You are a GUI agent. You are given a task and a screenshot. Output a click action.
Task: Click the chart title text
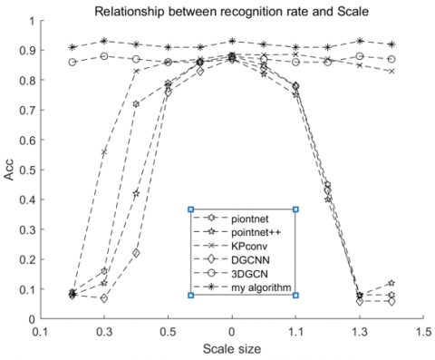coord(233,10)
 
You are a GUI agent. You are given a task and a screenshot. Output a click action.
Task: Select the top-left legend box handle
coord(191,209)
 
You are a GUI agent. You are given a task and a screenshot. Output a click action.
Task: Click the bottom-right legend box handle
coord(296,295)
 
